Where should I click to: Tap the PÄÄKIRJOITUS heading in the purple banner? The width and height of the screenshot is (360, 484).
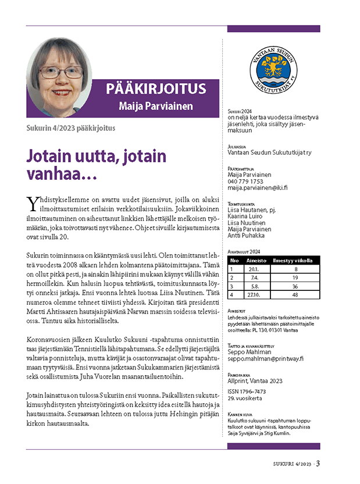coord(156,89)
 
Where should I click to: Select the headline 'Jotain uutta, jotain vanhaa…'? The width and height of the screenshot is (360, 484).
coord(97,165)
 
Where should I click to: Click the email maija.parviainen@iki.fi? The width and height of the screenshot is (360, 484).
coord(258,188)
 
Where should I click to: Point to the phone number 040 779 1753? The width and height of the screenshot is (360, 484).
coord(245,181)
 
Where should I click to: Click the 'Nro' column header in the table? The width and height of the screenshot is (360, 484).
coord(234,262)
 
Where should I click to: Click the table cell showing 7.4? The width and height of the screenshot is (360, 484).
coord(254,278)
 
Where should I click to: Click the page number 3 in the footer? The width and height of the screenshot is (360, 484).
coord(319,464)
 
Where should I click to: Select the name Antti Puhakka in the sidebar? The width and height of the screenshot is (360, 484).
coord(247,236)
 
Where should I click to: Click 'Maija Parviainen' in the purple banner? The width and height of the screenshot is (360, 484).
coord(155,106)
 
